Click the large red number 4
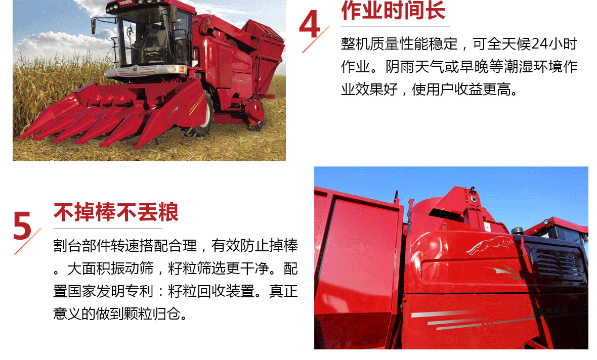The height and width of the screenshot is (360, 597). pyautogui.click(x=310, y=25)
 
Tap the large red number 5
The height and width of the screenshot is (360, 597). pyautogui.click(x=22, y=225)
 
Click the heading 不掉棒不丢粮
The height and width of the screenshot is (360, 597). pyautogui.click(x=116, y=212)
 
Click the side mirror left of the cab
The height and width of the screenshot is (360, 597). pyautogui.click(x=95, y=26)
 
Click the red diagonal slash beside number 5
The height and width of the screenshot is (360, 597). pyautogui.click(x=28, y=241)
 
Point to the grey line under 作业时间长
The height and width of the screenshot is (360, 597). pyautogui.click(x=395, y=26)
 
